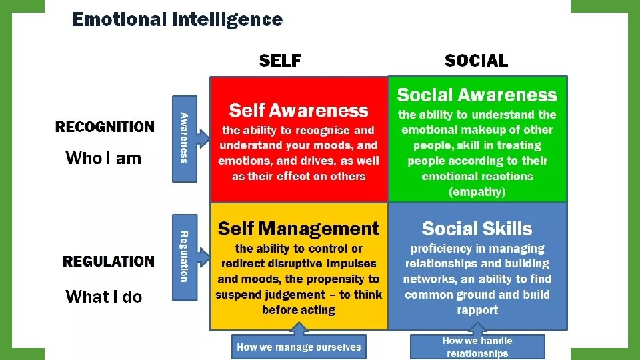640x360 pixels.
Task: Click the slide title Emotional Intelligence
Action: (x=177, y=19)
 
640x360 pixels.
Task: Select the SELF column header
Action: (x=280, y=61)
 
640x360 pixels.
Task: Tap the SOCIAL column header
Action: (x=476, y=61)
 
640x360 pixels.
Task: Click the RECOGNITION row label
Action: (x=105, y=127)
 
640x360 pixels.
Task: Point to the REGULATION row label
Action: (x=109, y=261)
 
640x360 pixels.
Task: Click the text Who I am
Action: (x=103, y=158)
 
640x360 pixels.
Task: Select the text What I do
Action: (x=104, y=297)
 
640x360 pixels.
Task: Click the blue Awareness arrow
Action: (x=185, y=139)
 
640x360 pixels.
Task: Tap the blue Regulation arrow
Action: (x=185, y=256)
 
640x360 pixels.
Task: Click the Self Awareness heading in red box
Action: (x=298, y=111)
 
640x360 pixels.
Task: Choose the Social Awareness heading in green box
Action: (x=477, y=95)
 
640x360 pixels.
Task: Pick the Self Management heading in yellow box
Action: (x=298, y=229)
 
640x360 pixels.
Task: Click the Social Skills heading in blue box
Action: (x=477, y=229)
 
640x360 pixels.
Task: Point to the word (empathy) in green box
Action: (x=477, y=192)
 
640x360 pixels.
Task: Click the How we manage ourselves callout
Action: (x=299, y=347)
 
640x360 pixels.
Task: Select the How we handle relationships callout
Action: (x=477, y=347)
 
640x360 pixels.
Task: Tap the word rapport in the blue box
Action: (x=477, y=310)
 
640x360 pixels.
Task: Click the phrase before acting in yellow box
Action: (x=299, y=310)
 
